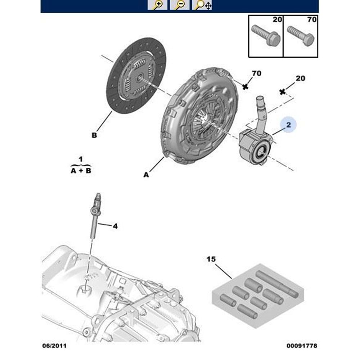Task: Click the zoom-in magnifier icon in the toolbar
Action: pos(157,5)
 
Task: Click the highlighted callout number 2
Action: pos(288,125)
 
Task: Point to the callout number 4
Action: pos(115,226)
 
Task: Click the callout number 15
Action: pos(211,259)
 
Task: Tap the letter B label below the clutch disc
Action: pos(94,136)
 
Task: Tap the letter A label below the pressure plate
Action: pos(146,175)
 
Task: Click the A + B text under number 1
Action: pos(81,171)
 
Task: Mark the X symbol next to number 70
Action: pos(246,86)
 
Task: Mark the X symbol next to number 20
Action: pos(283,92)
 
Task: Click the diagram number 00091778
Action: pos(302,346)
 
